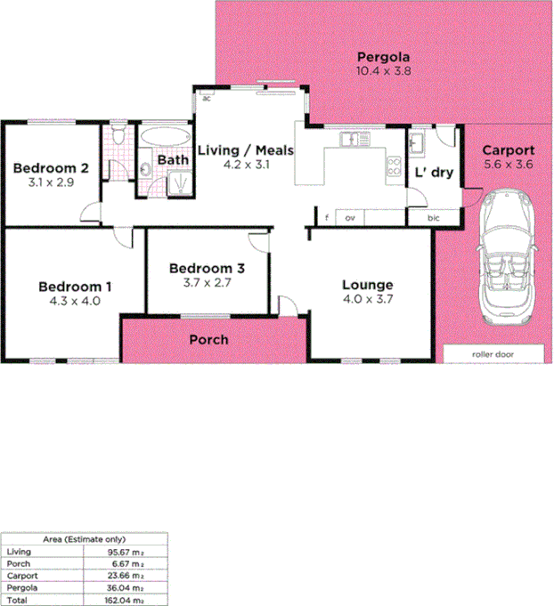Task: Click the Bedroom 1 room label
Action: coord(75,287)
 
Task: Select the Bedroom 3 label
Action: coord(207,268)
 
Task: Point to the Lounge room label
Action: coord(368,286)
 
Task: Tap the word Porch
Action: coord(209,339)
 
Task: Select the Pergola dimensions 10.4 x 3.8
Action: coord(382,70)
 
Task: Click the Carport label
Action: coord(509,150)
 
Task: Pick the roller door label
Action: coord(493,354)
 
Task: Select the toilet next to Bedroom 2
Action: coord(118,136)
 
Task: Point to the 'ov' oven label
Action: coord(350,217)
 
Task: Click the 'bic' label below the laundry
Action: coord(434,217)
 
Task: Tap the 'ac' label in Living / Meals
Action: coord(206,98)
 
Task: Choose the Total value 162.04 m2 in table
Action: coord(125,601)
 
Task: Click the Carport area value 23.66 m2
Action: coord(125,576)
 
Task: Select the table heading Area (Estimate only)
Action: coord(86,539)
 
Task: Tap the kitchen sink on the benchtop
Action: coord(352,138)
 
